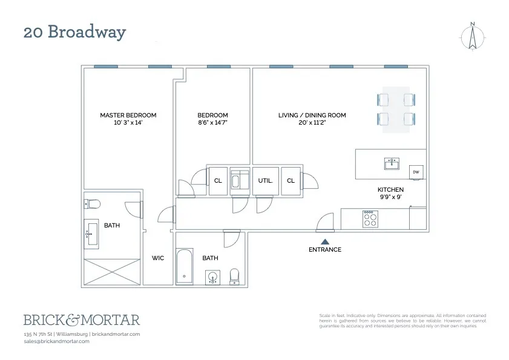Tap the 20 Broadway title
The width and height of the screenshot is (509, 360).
pyautogui.click(x=74, y=32)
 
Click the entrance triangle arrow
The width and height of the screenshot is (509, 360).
pyautogui.click(x=324, y=241)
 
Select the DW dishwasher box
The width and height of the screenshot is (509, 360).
pyautogui.click(x=416, y=172)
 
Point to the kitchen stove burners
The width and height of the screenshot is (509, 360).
pyautogui.click(x=370, y=219)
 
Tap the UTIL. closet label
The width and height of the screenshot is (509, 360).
pyautogui.click(x=265, y=180)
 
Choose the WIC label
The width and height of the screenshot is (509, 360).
pyautogui.click(x=157, y=258)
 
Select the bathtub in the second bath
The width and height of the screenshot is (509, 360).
pyautogui.click(x=185, y=266)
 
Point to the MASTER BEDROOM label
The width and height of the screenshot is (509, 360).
pyautogui.click(x=128, y=115)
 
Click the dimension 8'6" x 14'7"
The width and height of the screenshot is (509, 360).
pyautogui.click(x=212, y=123)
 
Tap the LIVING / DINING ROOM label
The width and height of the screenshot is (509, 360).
pyautogui.click(x=312, y=115)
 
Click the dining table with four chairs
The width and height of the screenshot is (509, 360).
pyautogui.click(x=397, y=109)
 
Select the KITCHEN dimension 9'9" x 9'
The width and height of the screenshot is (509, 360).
pyautogui.click(x=390, y=197)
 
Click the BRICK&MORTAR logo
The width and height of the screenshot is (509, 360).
pyautogui.click(x=81, y=319)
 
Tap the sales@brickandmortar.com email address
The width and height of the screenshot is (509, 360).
pyautogui.click(x=56, y=341)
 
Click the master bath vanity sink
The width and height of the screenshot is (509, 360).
pyautogui.click(x=92, y=232)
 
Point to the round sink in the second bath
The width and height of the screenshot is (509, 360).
pyautogui.click(x=212, y=278)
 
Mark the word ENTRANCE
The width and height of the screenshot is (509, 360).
pyautogui.click(x=324, y=249)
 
